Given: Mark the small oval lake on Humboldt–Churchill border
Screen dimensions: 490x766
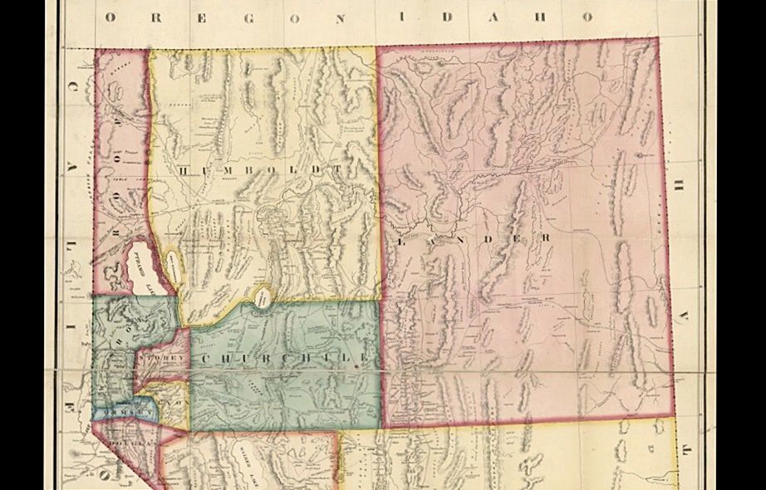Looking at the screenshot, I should [x=263, y=296].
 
